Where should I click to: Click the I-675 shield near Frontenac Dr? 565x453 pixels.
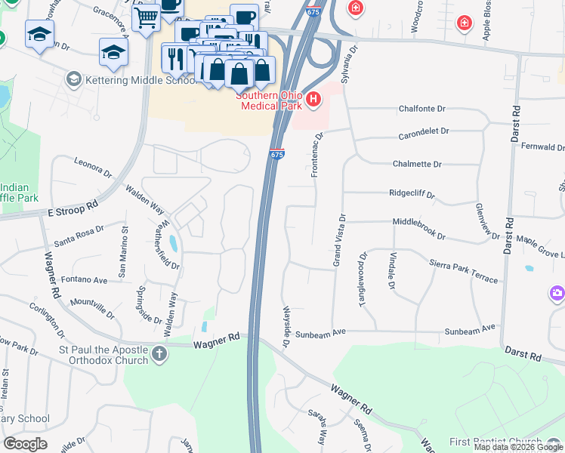click(x=277, y=154)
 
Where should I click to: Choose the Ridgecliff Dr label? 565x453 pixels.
click(x=412, y=193)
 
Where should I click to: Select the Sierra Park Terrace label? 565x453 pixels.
click(x=464, y=271)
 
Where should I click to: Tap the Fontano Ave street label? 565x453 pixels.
click(x=90, y=279)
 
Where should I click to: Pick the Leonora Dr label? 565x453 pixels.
click(x=93, y=167)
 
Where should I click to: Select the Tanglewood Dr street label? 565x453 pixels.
click(x=363, y=279)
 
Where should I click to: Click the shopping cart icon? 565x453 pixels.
click(x=147, y=17)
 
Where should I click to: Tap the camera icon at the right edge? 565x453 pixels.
click(x=557, y=292)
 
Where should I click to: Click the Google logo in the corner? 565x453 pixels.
click(x=25, y=444)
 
